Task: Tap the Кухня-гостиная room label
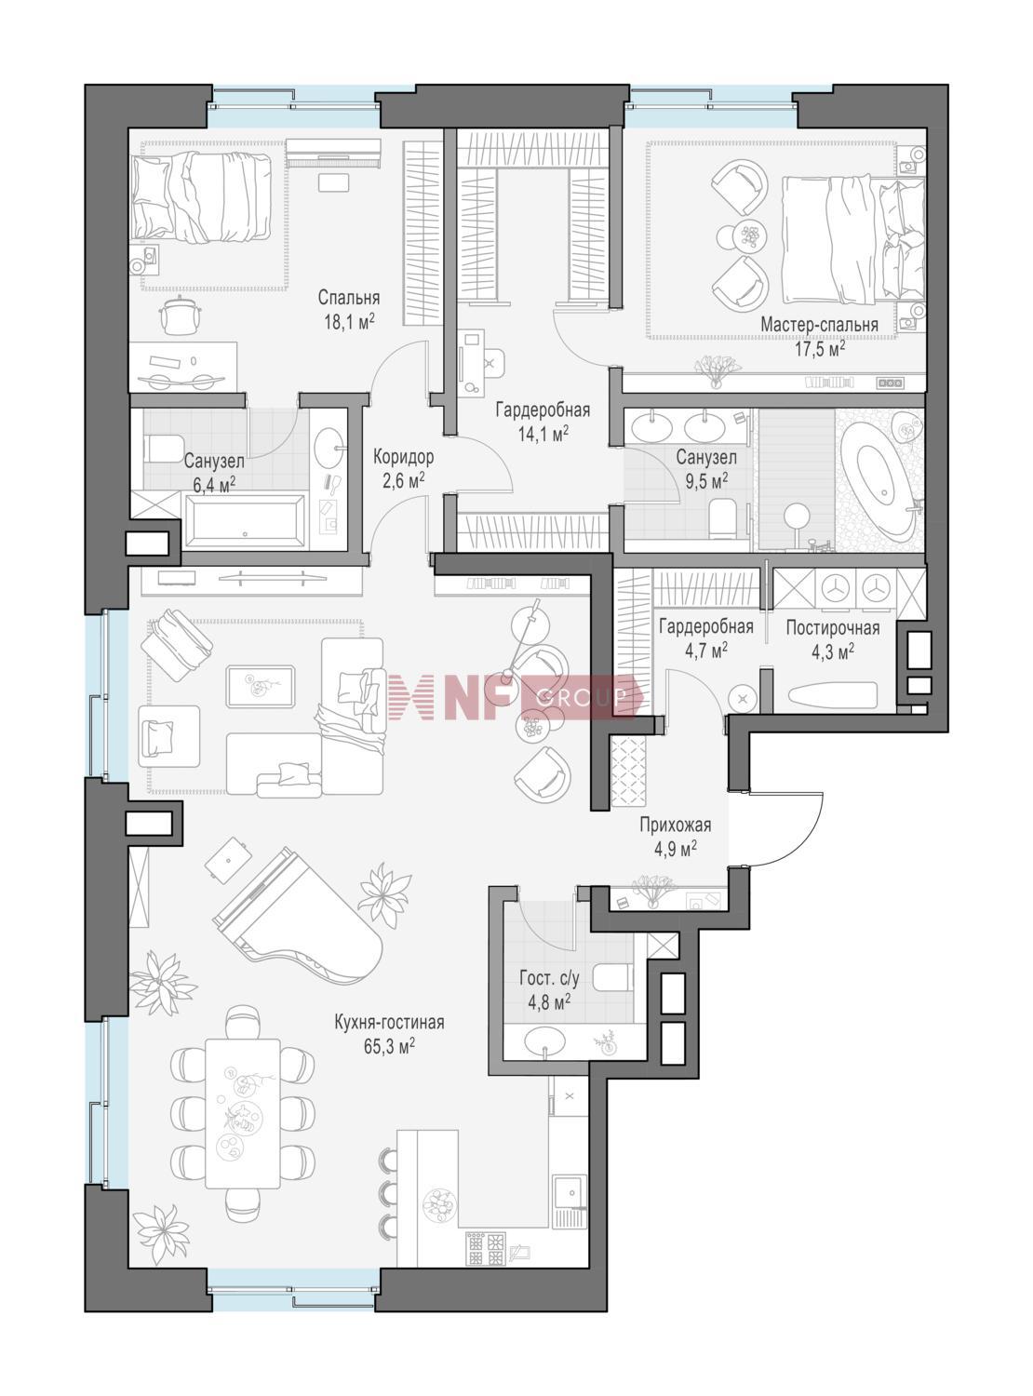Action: tap(389, 1022)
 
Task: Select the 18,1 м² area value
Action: tap(349, 322)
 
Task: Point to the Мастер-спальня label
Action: tap(819, 325)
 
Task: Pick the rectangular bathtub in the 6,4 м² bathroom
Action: tap(246, 521)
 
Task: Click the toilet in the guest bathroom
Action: tap(611, 979)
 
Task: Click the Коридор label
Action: tap(404, 456)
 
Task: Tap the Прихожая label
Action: tap(676, 825)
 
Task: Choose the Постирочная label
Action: tap(832, 627)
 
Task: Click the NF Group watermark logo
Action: tap(515, 696)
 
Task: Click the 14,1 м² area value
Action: tap(543, 434)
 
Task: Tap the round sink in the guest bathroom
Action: tap(544, 1042)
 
